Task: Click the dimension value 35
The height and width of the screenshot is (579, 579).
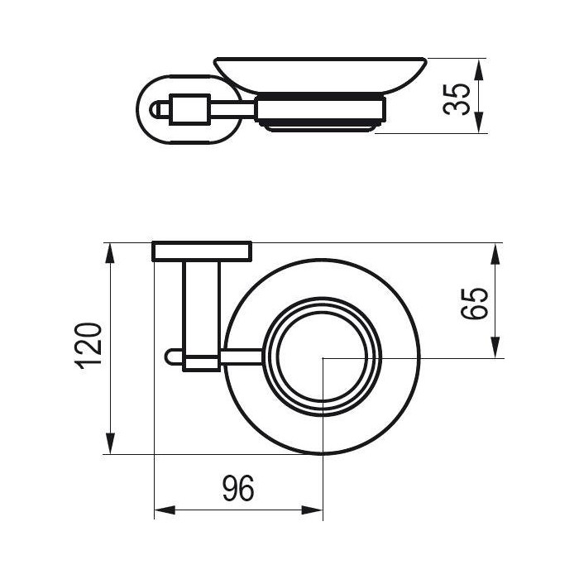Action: coord(457,100)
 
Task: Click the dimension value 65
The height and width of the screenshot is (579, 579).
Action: coord(475,304)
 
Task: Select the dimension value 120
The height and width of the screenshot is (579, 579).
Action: coord(89,346)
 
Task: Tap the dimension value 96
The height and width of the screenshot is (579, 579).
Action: coord(238,488)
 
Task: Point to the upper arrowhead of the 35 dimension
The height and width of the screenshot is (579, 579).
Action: coord(479,69)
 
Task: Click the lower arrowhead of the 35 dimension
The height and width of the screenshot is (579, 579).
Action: coord(479,122)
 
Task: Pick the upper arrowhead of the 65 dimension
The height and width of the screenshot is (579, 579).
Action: coord(496,255)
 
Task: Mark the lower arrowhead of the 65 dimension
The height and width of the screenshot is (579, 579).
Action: coord(496,347)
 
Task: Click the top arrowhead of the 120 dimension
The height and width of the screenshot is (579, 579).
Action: coord(110,254)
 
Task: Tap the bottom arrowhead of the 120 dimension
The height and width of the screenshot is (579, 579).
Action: coord(110,443)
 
